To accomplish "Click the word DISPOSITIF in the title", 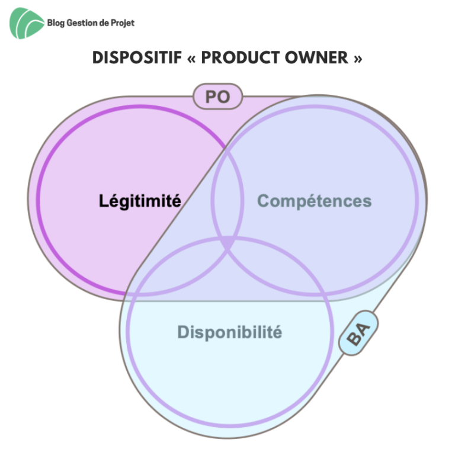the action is pos(137,57).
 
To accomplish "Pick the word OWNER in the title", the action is pos(316,57).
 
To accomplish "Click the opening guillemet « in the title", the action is pos(191,58).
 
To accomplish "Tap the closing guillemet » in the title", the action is pos(358,58).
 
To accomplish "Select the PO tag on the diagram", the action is pos(217,97).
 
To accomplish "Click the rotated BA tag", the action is pos(358,333).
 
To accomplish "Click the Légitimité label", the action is pos(140,201).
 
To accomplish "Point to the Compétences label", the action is pos(314,201).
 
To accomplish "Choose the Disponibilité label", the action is pos(229,332).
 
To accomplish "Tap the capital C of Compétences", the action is pos(263,201).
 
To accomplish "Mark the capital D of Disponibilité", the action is pos(184,332).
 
